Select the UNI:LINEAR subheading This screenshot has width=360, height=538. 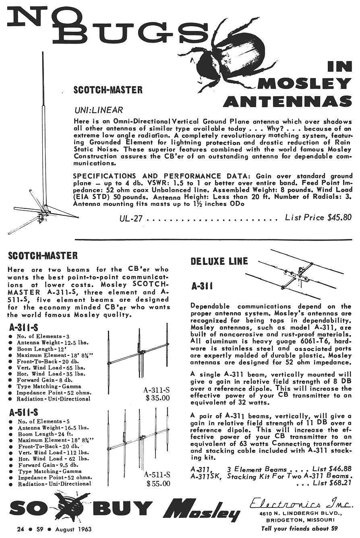[99, 110]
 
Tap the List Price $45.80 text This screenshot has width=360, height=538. [318, 218]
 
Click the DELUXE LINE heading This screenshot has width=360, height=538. [219, 261]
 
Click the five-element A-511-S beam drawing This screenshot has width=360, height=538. [140, 439]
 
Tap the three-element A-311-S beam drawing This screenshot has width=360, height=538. [139, 352]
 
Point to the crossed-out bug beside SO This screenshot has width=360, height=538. [72, 508]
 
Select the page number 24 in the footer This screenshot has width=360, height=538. [20, 529]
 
